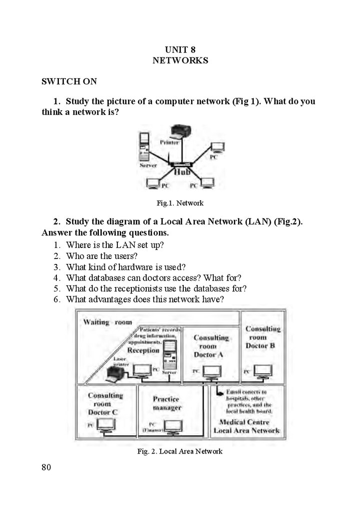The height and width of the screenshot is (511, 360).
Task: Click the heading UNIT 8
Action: point(180,49)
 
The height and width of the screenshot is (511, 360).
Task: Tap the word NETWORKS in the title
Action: point(180,60)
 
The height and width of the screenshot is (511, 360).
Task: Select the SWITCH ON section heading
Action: point(69,81)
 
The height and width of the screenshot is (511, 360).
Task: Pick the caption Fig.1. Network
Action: point(180,203)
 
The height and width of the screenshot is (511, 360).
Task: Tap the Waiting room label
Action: point(107,322)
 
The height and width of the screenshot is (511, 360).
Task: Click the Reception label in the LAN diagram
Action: point(143,350)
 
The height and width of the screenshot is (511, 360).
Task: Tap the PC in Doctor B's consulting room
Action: point(263,372)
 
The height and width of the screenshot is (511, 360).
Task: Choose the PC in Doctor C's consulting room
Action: point(106,425)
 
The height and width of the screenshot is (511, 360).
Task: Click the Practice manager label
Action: point(167,403)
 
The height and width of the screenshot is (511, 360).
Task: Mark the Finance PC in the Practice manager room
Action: point(172,426)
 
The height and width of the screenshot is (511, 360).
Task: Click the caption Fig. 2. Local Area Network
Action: point(180,452)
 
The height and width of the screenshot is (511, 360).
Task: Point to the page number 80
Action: point(46,468)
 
